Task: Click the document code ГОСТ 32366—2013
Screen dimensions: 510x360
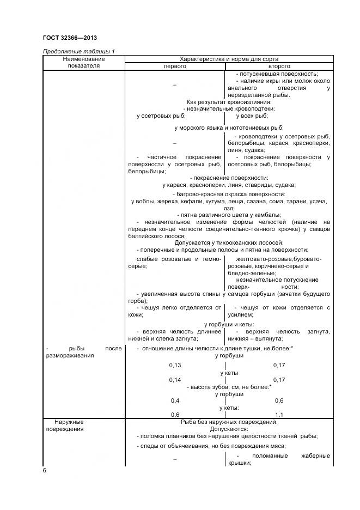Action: click(70, 38)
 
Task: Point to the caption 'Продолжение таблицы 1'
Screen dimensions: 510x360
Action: click(78, 51)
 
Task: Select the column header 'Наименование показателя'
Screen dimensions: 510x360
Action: click(83, 62)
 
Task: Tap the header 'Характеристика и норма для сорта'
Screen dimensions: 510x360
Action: click(229, 58)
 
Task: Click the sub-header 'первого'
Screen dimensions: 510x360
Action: click(175, 66)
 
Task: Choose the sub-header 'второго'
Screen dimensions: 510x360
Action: click(278, 66)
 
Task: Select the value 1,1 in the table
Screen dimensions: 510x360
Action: click(280, 414)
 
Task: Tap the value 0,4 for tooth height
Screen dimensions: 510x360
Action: click(175, 400)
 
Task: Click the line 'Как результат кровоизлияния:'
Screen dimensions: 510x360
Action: click(229, 102)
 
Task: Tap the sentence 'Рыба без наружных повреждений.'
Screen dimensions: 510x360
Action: click(229, 421)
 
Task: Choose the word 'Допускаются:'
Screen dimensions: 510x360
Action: click(229, 428)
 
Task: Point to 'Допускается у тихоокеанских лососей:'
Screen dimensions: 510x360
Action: click(229, 242)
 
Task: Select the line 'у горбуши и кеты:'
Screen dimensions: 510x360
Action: click(229, 324)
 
